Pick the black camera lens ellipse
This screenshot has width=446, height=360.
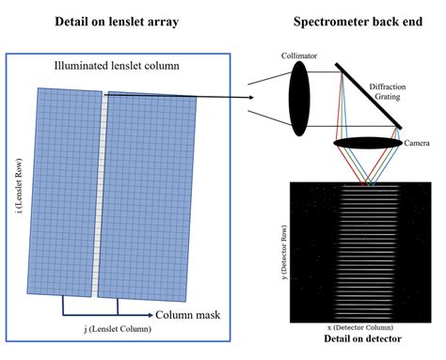point(366,143)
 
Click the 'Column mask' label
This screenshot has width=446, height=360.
point(188,315)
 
